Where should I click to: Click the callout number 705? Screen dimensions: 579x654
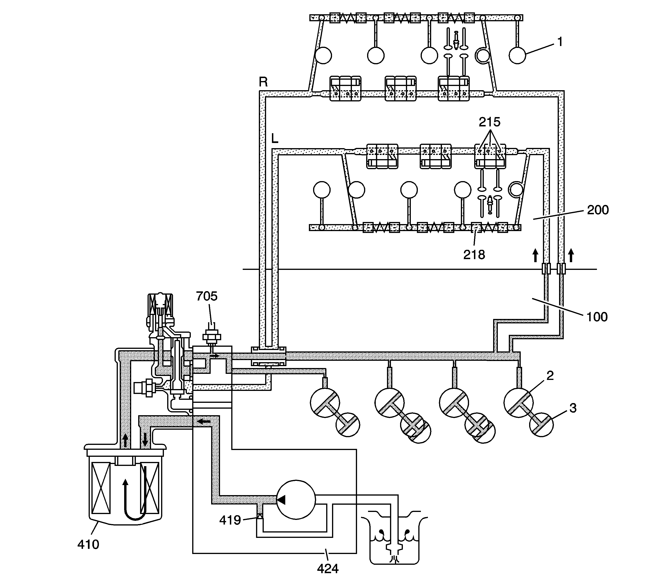point(207,296)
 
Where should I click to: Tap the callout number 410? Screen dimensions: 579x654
point(88,544)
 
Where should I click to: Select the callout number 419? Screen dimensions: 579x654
point(230,520)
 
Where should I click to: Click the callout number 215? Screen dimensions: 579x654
point(490,122)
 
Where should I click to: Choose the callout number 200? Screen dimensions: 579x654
point(598,210)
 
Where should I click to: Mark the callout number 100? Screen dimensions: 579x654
point(597,317)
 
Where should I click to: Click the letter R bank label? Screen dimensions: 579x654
point(263,82)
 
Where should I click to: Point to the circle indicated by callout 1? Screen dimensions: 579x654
point(517,55)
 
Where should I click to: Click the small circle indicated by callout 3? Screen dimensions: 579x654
point(541,425)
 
